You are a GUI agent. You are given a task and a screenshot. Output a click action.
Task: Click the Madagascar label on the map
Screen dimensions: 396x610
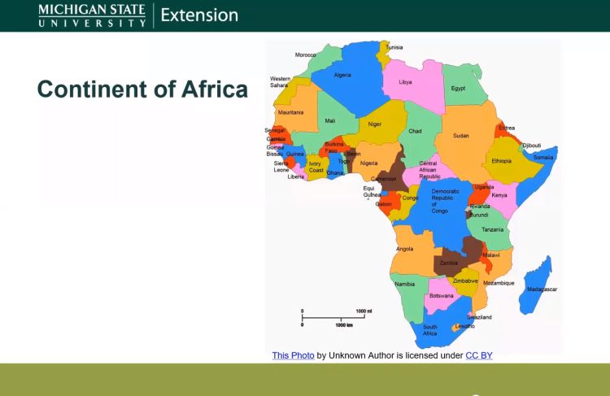(542, 289)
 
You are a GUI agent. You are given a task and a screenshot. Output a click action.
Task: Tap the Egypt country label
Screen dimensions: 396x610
(458, 88)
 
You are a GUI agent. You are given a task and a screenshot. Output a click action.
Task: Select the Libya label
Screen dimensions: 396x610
(405, 82)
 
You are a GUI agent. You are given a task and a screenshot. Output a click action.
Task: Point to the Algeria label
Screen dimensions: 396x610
(342, 75)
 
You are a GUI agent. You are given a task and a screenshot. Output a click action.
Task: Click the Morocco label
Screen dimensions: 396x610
(305, 54)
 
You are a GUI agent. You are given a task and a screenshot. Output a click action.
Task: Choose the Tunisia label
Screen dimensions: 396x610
(394, 47)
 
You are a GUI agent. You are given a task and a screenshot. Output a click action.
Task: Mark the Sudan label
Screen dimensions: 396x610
(461, 136)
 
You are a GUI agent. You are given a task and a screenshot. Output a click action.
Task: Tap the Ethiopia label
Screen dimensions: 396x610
(502, 161)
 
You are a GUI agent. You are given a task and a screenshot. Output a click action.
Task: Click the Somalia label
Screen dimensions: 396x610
(543, 157)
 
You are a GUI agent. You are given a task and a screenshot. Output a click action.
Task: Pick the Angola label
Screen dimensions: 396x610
(404, 249)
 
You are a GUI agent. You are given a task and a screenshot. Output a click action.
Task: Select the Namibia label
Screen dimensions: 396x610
(404, 284)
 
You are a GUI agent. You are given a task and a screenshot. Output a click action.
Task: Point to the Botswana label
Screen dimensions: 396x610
(441, 295)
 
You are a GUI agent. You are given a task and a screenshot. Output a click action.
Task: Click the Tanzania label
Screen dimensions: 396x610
(492, 229)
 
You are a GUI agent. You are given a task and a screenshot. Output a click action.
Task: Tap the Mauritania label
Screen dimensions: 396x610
(290, 112)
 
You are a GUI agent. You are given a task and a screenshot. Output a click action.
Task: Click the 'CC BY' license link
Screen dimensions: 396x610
(478, 355)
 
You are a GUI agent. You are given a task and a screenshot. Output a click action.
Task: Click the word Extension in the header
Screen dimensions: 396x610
(199, 15)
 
